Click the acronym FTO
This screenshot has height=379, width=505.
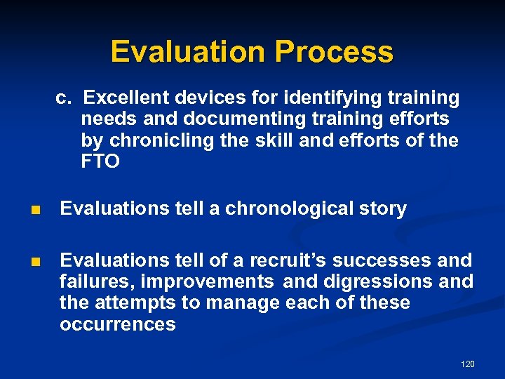(100, 162)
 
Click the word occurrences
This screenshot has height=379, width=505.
(118, 325)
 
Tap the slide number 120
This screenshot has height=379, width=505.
(467, 364)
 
